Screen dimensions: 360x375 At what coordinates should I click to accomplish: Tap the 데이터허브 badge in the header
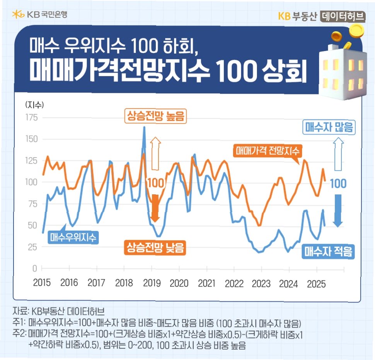click(x=343, y=15)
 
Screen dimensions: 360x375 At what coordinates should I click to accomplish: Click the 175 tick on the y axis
click(x=31, y=117)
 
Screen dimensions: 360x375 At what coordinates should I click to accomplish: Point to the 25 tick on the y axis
click(x=32, y=247)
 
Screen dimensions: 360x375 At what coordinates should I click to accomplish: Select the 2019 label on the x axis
click(x=151, y=283)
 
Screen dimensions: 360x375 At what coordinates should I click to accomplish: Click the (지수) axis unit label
click(x=34, y=105)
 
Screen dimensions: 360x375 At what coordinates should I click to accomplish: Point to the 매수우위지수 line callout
click(x=73, y=236)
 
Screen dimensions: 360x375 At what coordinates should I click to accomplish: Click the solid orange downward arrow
click(x=155, y=207)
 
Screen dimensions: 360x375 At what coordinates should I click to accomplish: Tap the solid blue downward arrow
click(x=338, y=210)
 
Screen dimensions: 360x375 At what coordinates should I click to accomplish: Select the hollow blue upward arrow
click(x=338, y=155)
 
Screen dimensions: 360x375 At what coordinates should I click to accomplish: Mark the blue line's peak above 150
click(x=144, y=127)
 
